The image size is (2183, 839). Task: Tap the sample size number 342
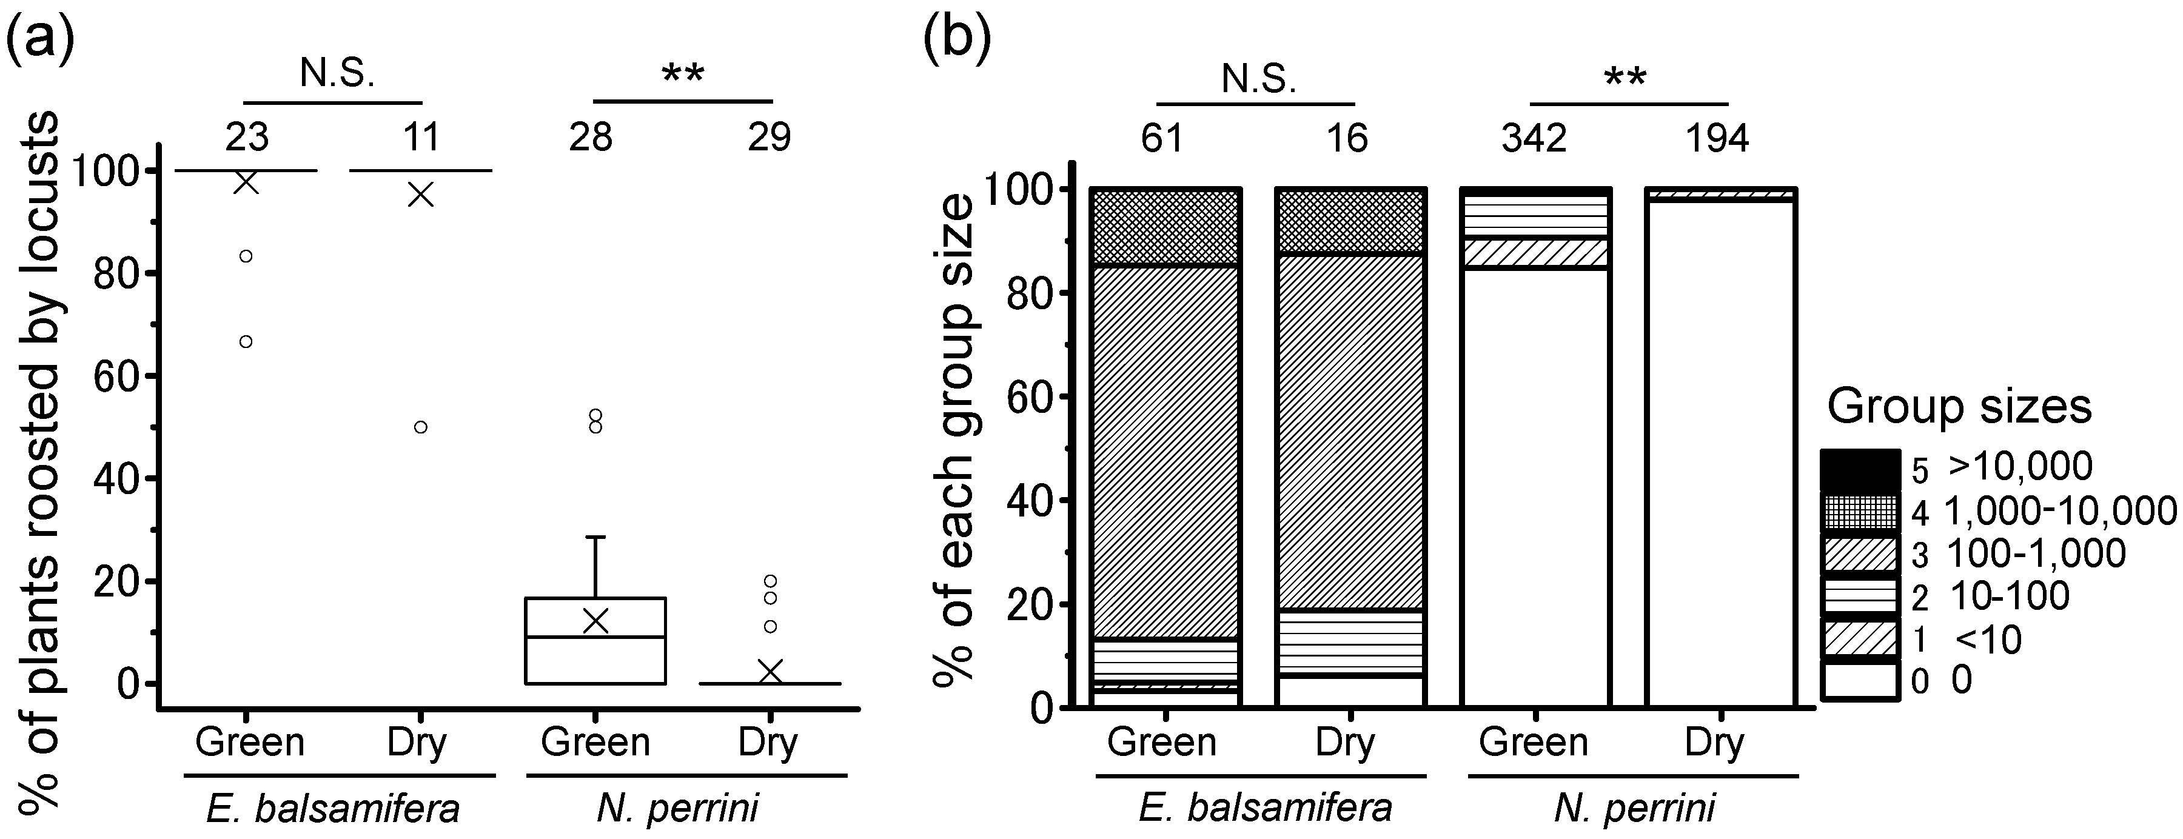[1534, 137]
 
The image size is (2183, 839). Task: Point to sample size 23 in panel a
[247, 136]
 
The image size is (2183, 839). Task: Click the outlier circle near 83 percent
[246, 256]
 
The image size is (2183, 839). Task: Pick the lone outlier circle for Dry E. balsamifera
[420, 427]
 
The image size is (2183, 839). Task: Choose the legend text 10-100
[2008, 597]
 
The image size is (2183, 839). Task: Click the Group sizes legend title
[1959, 407]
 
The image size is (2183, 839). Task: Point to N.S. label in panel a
[337, 75]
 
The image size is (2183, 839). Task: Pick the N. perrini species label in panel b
[1634, 807]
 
